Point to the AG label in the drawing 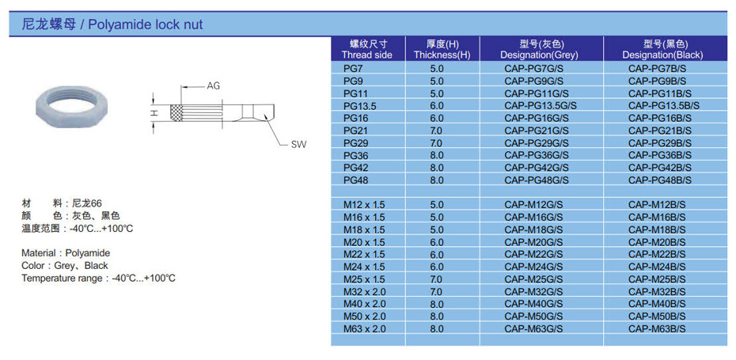tap(213, 86)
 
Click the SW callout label tap(298, 145)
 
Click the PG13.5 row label tap(360, 106)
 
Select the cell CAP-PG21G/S tap(537, 130)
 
